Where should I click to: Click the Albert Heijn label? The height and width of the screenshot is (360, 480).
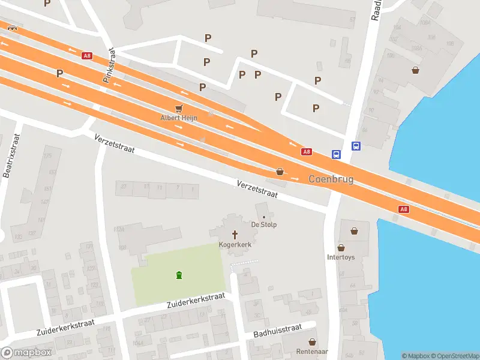178,118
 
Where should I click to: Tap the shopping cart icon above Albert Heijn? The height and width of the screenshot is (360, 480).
178,109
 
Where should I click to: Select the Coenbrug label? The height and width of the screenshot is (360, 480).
331,179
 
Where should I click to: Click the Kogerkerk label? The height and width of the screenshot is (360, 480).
235,245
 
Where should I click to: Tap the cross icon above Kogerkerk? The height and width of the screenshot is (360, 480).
235,234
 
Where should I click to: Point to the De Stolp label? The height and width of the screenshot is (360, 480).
263,224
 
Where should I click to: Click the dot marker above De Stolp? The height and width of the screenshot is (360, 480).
263,217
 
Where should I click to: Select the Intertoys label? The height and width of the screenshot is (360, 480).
341,257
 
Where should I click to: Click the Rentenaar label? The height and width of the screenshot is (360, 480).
312,351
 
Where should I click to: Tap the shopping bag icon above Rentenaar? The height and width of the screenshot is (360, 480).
312,341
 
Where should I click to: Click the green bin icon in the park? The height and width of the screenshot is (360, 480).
179,275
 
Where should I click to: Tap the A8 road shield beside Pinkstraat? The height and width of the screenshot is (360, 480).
87,56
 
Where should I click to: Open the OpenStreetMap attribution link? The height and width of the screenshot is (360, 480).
457,356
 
